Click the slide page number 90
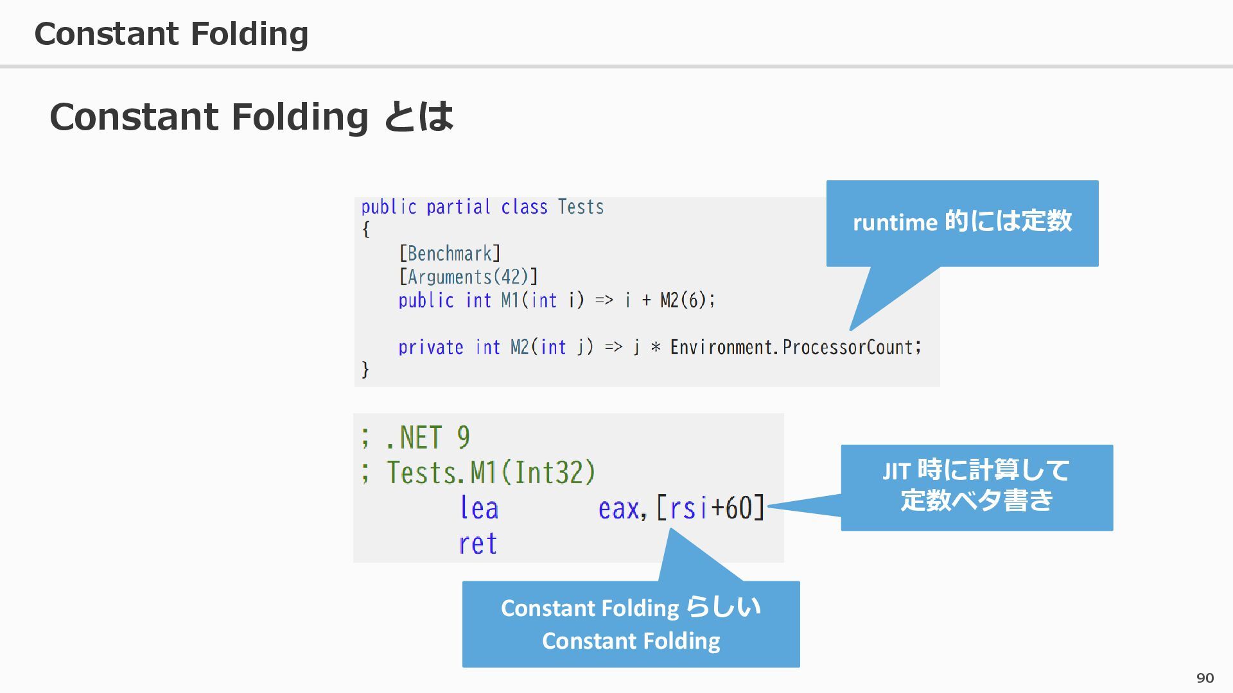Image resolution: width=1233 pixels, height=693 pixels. coord(1205,678)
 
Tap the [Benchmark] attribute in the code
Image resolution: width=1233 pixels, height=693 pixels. coord(450,253)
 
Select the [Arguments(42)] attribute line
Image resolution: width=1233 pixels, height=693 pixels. coord(468,277)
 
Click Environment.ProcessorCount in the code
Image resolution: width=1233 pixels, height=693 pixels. coord(795,347)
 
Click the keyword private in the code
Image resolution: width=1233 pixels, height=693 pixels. coord(430,347)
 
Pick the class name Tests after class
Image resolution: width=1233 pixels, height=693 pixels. coord(581,207)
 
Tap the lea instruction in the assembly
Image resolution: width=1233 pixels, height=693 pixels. coord(479,508)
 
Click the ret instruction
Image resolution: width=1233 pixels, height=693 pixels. coord(478,543)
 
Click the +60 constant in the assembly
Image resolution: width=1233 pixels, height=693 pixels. coord(731,508)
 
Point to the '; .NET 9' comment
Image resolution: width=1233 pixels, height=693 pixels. coord(415,438)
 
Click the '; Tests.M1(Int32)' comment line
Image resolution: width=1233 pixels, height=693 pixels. coord(478,472)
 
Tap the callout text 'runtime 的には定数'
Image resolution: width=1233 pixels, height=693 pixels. coord(962,221)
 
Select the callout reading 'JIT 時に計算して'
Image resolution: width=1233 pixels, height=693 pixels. coord(976,470)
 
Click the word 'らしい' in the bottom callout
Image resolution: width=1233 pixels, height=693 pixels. coord(723,606)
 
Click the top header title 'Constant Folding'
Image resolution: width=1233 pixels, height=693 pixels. coord(171,33)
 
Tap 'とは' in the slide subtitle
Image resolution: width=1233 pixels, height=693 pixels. coord(418,117)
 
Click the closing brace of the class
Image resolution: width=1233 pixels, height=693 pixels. coord(365,370)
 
